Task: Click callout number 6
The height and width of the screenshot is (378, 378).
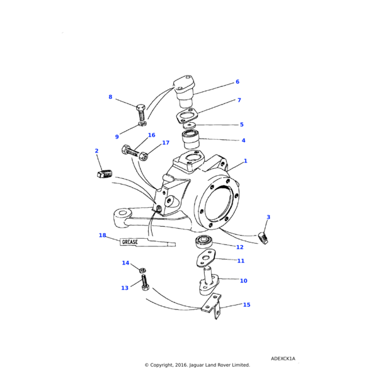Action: [x=237, y=82]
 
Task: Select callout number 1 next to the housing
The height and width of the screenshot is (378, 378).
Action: [x=245, y=161]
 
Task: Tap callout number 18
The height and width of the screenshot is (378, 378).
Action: [x=102, y=235]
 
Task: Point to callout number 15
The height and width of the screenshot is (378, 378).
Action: [x=246, y=305]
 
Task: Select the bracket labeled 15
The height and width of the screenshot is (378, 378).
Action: [x=211, y=309]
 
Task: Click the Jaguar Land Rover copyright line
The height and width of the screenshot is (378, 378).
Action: [x=197, y=365]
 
